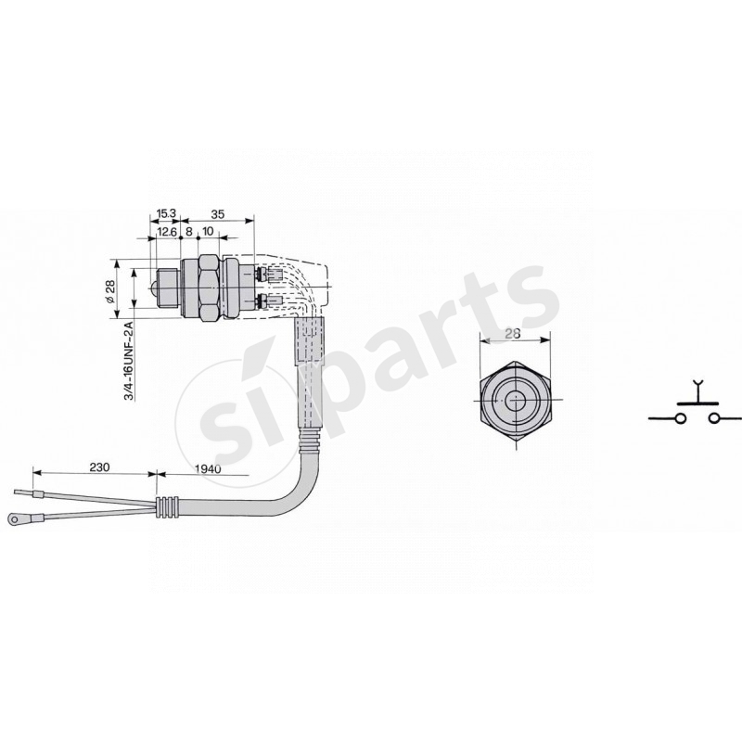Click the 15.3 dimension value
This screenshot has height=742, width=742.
point(167,213)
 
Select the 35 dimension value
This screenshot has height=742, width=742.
point(217,214)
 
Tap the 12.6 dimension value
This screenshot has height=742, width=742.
point(167,231)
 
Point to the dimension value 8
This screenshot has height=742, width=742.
point(189,231)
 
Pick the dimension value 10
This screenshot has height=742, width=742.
point(208,231)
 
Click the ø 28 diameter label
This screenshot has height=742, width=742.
point(109,291)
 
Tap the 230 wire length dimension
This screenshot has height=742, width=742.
point(99,467)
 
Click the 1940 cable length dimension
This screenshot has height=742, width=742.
point(208,468)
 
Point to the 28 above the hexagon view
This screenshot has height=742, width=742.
point(513,334)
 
